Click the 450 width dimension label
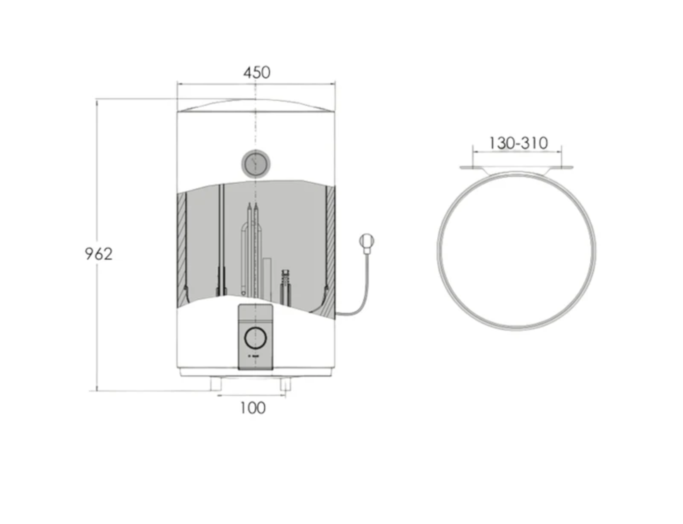[256, 73]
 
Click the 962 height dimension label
[99, 254]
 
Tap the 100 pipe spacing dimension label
[253, 408]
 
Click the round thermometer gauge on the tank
[256, 164]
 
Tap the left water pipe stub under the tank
[216, 384]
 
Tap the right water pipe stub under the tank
[285, 384]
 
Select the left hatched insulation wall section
[182, 250]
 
